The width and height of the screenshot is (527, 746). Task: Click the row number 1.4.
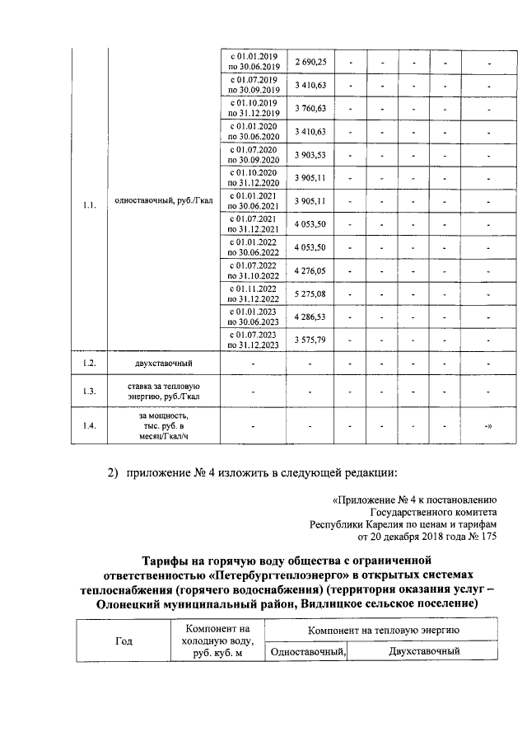[90, 425]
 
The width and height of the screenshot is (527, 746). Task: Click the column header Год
[123, 640]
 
